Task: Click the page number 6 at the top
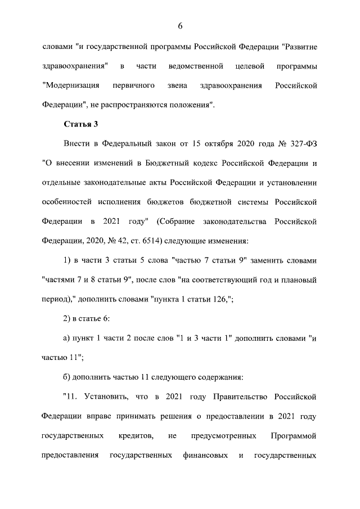[180, 26]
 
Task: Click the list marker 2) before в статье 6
[67, 319]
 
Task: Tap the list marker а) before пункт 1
[66, 338]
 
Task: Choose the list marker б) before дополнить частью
[67, 377]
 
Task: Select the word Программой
[294, 435]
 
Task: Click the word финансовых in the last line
[205, 454]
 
